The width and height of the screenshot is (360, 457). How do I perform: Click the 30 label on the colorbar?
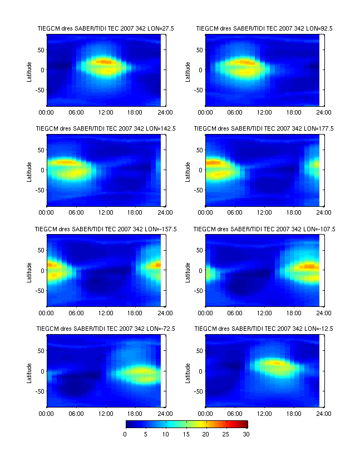tap(245, 434)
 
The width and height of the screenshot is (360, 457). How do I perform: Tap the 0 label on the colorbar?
tap(125, 434)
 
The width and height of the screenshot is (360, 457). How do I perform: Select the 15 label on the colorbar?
tap(185, 434)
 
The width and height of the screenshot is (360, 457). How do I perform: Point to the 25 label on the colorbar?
tap(225, 434)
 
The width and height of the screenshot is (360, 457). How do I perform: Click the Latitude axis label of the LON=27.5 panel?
tap(29, 70)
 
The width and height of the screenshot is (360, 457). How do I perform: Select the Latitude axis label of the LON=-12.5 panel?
tap(189, 371)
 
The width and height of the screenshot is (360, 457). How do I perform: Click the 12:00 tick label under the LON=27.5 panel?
tap(106, 112)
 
